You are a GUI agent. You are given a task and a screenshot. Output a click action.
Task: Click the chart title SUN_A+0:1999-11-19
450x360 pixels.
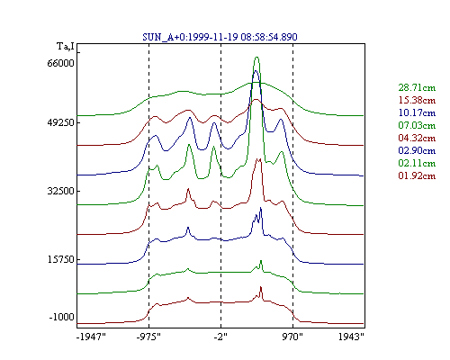coord(190,37)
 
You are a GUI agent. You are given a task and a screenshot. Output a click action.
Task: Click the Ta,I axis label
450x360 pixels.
coord(66,47)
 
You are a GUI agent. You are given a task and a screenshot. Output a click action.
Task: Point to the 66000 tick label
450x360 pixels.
coord(60,63)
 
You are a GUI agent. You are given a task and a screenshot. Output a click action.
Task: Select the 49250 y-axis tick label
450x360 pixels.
coord(60,123)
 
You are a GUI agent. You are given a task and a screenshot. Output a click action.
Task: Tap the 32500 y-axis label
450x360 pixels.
coord(60,191)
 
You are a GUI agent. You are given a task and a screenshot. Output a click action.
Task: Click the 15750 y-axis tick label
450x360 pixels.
coord(60,259)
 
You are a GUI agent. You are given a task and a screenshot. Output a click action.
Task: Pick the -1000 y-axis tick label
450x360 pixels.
coord(61,317)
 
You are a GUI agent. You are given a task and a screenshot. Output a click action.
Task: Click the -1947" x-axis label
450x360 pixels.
coord(91,337)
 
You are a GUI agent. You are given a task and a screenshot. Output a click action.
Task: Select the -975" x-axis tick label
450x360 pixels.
coord(148,337)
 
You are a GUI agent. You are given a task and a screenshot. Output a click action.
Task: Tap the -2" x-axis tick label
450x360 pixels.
coord(220,337)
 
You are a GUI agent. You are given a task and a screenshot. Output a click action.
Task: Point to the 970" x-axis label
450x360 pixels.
coord(292,337)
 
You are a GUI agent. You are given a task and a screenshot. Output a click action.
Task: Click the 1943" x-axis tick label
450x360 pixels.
coord(351,337)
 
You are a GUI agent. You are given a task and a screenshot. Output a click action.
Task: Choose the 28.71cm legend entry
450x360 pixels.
coord(417,88)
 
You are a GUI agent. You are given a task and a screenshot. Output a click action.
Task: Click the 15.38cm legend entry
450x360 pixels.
coord(417,101)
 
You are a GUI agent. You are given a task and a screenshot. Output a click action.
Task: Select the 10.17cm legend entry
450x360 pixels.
coord(417,113)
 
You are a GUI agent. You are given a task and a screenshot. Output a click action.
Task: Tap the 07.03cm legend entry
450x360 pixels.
coord(417,126)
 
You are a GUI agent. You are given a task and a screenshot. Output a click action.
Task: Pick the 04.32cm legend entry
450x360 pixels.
coord(417,139)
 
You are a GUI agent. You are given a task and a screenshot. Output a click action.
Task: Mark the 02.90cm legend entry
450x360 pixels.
coord(417,150)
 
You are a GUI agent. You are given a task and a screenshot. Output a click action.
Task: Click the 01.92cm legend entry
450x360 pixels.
coord(417,175)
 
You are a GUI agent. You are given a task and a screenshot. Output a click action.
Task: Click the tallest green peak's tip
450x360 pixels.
coord(256,57)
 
